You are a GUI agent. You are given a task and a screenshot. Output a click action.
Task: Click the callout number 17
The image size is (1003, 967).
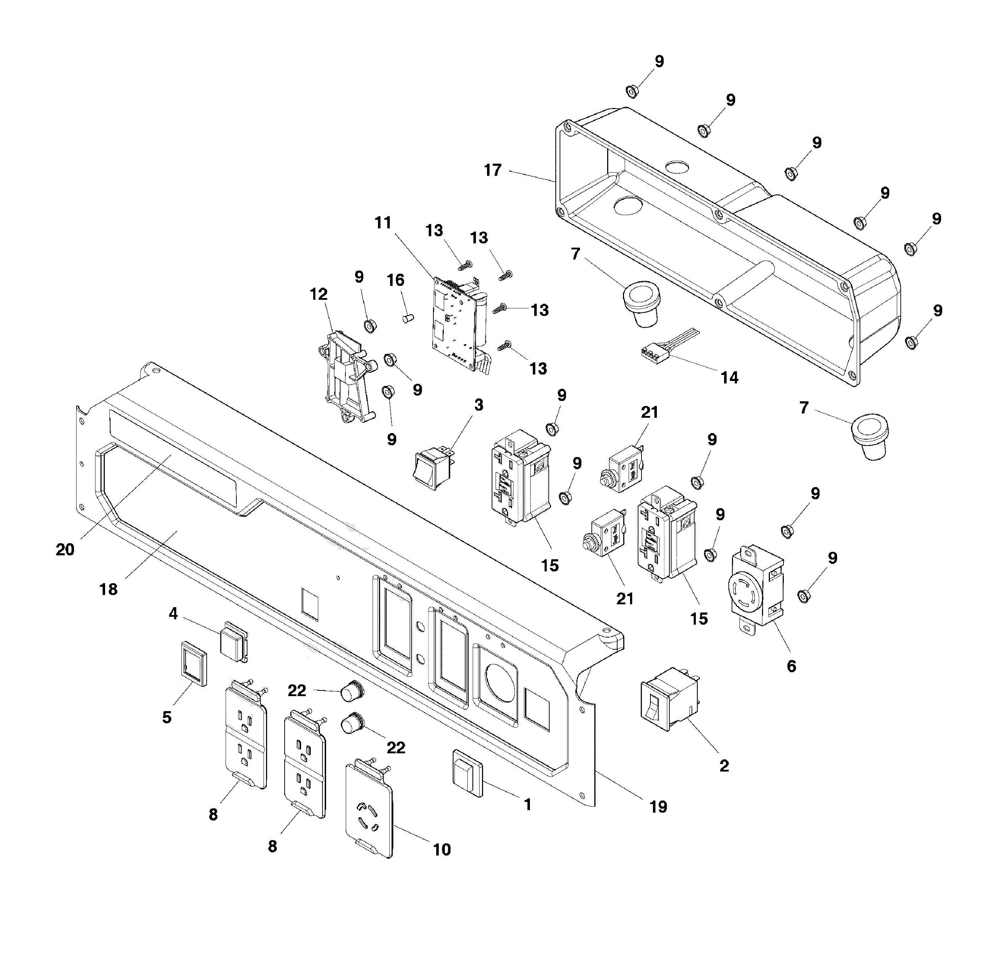pos(492,170)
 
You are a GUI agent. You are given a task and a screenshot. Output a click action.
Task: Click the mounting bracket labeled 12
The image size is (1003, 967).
pos(347,377)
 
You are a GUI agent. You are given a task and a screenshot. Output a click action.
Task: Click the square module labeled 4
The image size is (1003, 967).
pos(234,641)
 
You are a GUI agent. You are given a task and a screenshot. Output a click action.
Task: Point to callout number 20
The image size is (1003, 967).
pos(65,549)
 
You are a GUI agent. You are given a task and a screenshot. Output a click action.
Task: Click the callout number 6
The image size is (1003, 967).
pos(791,666)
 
